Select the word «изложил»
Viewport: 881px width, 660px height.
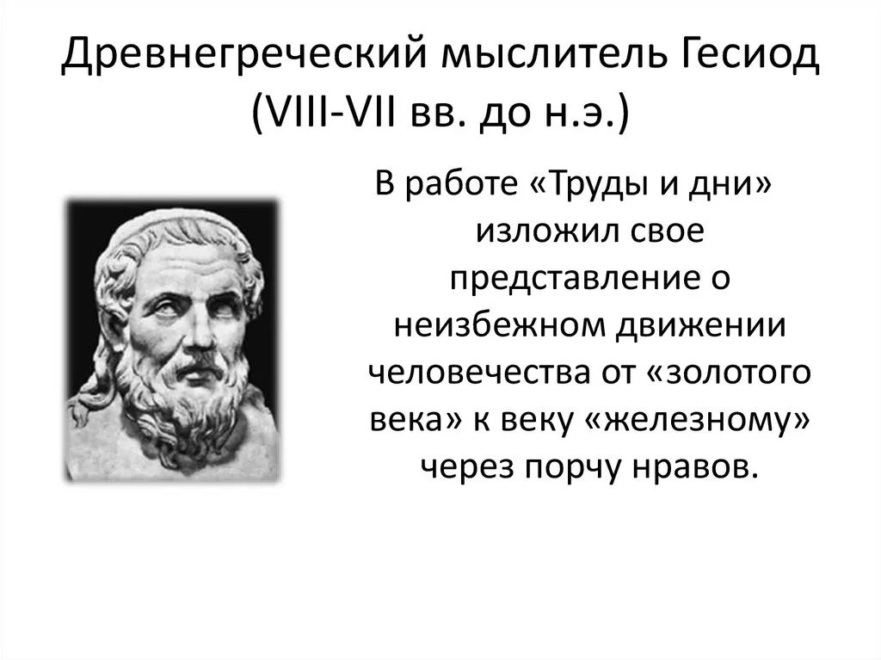tap(542, 231)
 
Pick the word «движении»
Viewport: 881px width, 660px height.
tap(700, 327)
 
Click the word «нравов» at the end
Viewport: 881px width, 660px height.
tap(691, 468)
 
